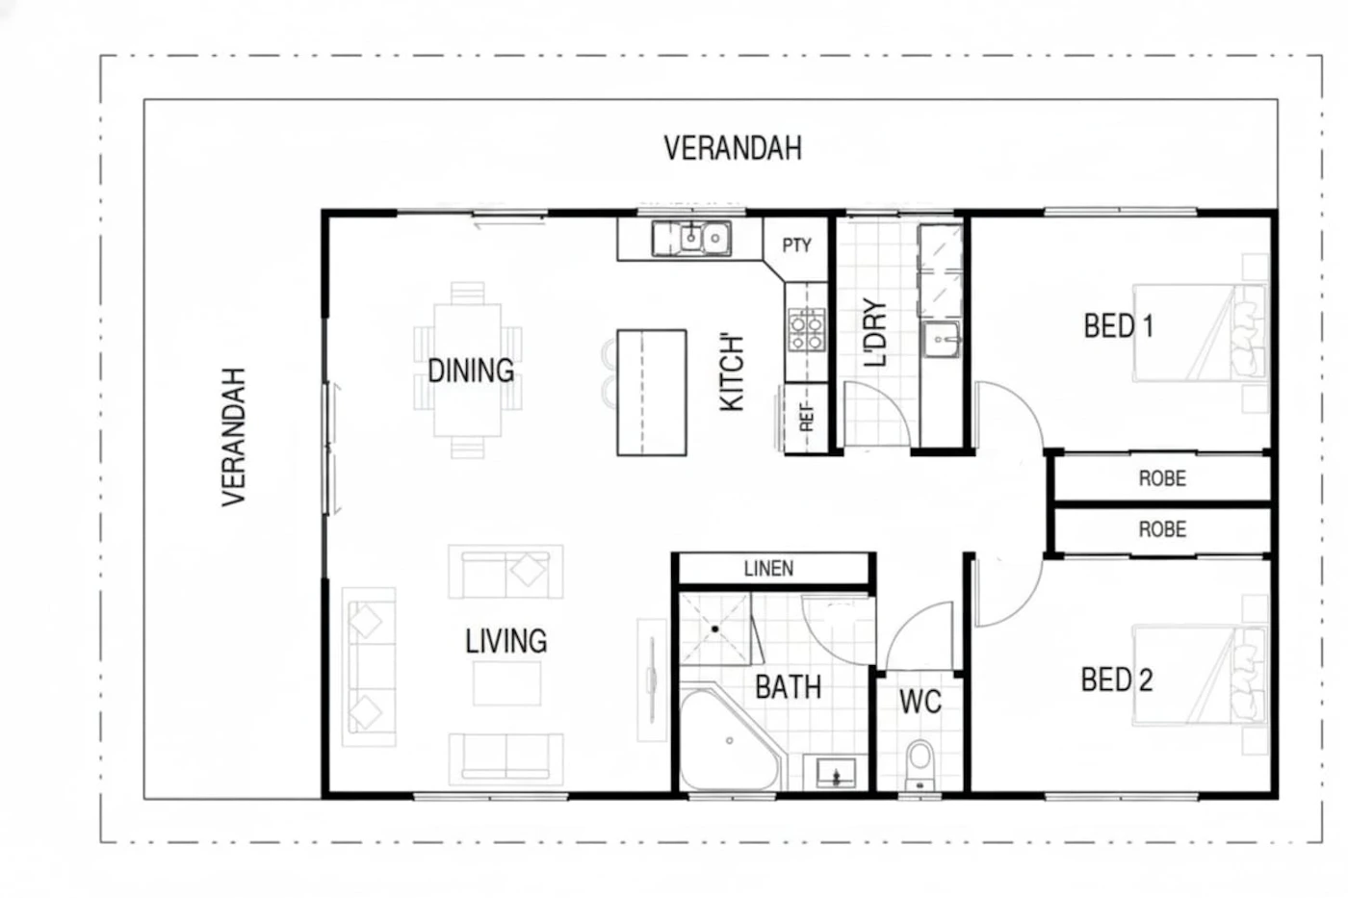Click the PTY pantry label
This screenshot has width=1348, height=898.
tap(797, 245)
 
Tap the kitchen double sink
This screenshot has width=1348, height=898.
tap(691, 238)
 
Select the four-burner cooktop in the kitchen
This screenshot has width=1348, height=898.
tap(807, 329)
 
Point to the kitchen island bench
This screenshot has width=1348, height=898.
tap(652, 392)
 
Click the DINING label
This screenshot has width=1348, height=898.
tap(471, 371)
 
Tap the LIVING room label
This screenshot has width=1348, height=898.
tap(506, 641)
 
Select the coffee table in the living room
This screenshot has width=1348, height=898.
tap(506, 683)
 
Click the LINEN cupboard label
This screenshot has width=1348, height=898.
tap(768, 569)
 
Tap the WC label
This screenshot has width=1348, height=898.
tap(920, 702)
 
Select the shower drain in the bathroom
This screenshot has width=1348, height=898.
tap(714, 629)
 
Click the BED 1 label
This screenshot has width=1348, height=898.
tap(1118, 326)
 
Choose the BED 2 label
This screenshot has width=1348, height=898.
tap(1117, 680)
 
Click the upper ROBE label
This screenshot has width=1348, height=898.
tap(1162, 478)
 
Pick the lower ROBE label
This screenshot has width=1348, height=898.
tap(1162, 529)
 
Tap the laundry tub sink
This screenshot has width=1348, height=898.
tap(942, 340)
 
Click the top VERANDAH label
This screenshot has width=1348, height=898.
tap(733, 148)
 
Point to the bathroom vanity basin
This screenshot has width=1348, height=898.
tap(836, 774)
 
